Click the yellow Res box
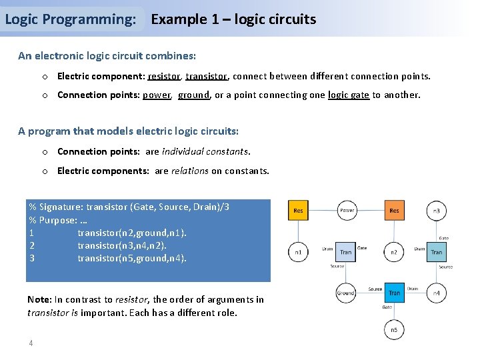tap(298, 211)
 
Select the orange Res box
tap(394, 211)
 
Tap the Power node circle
tap(347, 211)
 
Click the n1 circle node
tap(298, 252)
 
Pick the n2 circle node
tap(394, 252)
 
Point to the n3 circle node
tap(437, 211)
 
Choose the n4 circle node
tap(437, 293)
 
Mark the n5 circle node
tap(394, 329)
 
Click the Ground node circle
tap(346, 293)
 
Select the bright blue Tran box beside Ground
tap(394, 293)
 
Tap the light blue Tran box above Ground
tap(346, 252)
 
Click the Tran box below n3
tap(437, 252)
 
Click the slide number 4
tap(31, 343)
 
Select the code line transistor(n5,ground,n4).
tap(132, 258)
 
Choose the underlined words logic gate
tap(348, 95)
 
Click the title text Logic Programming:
tap(70, 19)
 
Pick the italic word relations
tap(189, 171)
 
